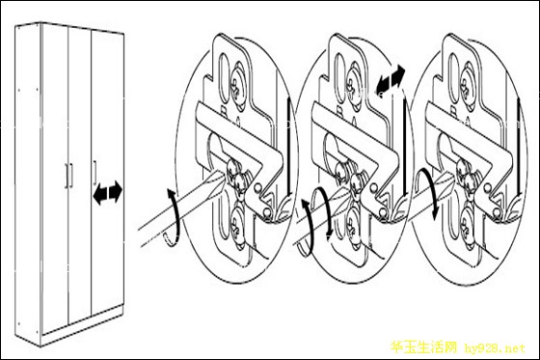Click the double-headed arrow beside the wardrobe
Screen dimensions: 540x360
(108, 192)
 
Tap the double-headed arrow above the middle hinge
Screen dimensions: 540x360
(390, 79)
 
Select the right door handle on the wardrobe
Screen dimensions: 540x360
(94, 173)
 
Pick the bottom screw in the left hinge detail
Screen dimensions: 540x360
(237, 225)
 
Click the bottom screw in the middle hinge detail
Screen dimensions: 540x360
(353, 225)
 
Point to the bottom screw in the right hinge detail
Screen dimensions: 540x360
(468, 225)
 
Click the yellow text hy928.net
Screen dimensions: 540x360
(495, 348)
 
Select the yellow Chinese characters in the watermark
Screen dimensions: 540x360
(423, 347)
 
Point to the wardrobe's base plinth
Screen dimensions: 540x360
(83, 322)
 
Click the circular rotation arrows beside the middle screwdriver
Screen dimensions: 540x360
(315, 221)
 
